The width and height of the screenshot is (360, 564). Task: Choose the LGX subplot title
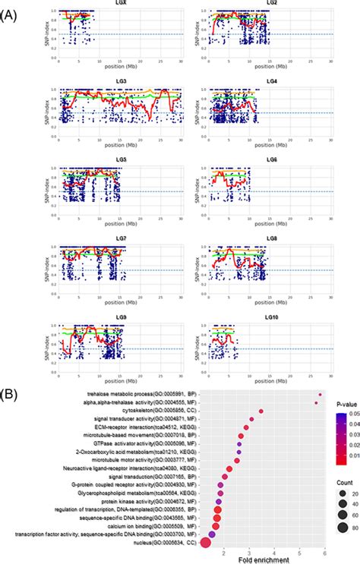pyautogui.click(x=122, y=6)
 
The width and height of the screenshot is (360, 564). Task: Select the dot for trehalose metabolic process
pyautogui.click(x=321, y=395)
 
